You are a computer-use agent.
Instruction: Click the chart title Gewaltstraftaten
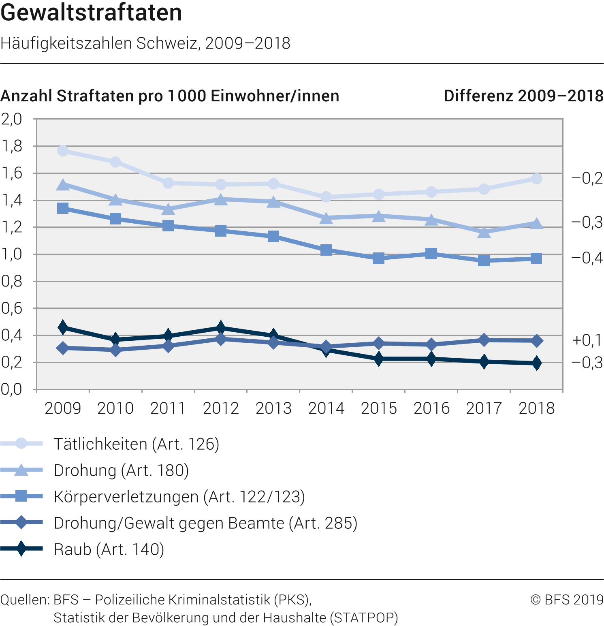point(91,13)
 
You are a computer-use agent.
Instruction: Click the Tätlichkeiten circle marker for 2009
point(63,151)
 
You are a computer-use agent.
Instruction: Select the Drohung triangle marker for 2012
point(221,199)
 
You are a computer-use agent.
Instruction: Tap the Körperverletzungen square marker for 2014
point(326,250)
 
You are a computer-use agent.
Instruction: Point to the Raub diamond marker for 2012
point(221,327)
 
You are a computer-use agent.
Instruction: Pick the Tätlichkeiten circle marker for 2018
point(536,179)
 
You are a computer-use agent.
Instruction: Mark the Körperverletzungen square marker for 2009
point(63,208)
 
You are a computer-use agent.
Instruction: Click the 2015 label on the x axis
point(379,408)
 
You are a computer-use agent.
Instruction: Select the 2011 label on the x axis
point(168,408)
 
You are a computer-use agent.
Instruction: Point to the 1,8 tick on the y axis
point(12,146)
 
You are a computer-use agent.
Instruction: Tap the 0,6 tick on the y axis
point(12,308)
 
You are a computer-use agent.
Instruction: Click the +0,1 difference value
point(587,340)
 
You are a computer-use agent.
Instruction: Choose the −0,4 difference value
point(587,258)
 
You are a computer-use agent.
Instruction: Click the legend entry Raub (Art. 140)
point(109,549)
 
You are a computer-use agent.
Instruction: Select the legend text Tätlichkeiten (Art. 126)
point(137,444)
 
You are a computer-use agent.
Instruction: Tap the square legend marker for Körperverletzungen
point(21,496)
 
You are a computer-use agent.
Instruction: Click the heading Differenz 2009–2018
point(523,96)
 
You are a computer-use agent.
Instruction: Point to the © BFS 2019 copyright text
point(567,599)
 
